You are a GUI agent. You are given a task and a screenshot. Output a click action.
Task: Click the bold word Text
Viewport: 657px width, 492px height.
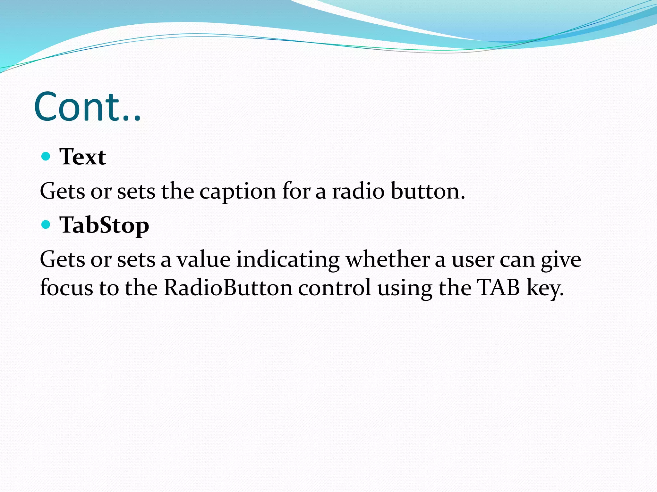point(82,157)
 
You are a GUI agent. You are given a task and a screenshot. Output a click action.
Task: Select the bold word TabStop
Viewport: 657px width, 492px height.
point(104,225)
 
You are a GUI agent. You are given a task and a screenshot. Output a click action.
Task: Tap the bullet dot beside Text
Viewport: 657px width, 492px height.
point(46,156)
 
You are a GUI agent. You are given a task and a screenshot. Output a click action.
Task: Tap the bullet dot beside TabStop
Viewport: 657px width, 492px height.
point(46,224)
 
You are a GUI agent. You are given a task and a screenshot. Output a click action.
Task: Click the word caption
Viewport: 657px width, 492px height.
point(238,192)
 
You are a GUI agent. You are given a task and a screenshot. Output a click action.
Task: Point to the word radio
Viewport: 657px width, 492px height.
point(358,191)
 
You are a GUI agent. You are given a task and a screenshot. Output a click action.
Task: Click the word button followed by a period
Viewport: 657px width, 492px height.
point(428,191)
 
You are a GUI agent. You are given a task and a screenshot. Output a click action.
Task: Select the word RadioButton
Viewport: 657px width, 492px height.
point(228,287)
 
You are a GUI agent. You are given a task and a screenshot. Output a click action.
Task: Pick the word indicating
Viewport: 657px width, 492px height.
point(288,259)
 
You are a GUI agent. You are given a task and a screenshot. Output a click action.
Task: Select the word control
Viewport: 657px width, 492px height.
point(335,287)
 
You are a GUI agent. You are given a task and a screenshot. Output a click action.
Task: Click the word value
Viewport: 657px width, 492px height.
point(204,259)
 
